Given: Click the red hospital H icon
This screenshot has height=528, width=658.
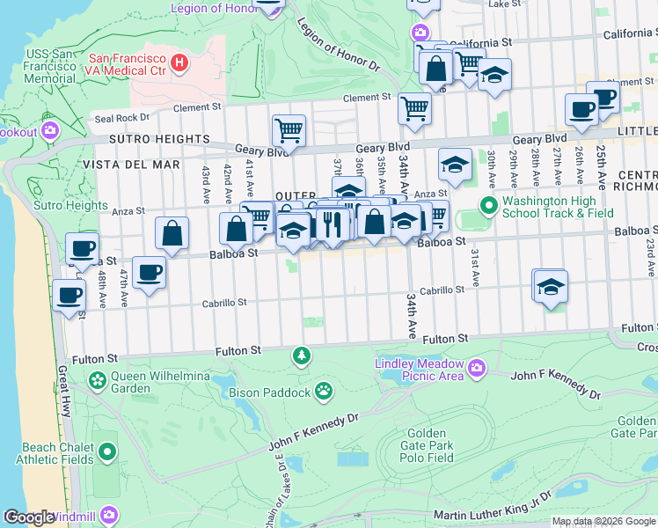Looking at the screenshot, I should tap(180, 62).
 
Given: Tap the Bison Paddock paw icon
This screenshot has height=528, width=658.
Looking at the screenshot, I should tap(325, 388).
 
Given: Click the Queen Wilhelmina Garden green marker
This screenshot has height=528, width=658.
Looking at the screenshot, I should tap(97, 381).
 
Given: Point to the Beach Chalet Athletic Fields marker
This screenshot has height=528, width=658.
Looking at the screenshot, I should tap(107, 452).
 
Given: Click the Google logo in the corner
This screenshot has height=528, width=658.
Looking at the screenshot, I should tap(28, 517).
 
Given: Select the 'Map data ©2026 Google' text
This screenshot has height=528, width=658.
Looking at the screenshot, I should tap(603, 521).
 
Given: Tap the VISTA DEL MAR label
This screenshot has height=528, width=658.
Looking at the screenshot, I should tap(131, 165).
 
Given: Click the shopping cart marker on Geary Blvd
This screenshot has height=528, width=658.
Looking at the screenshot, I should tap(289, 131).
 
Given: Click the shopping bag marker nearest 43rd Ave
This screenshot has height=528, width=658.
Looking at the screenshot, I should tap(172, 233).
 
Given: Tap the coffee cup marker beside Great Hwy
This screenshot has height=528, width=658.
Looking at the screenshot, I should tap(69, 296).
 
